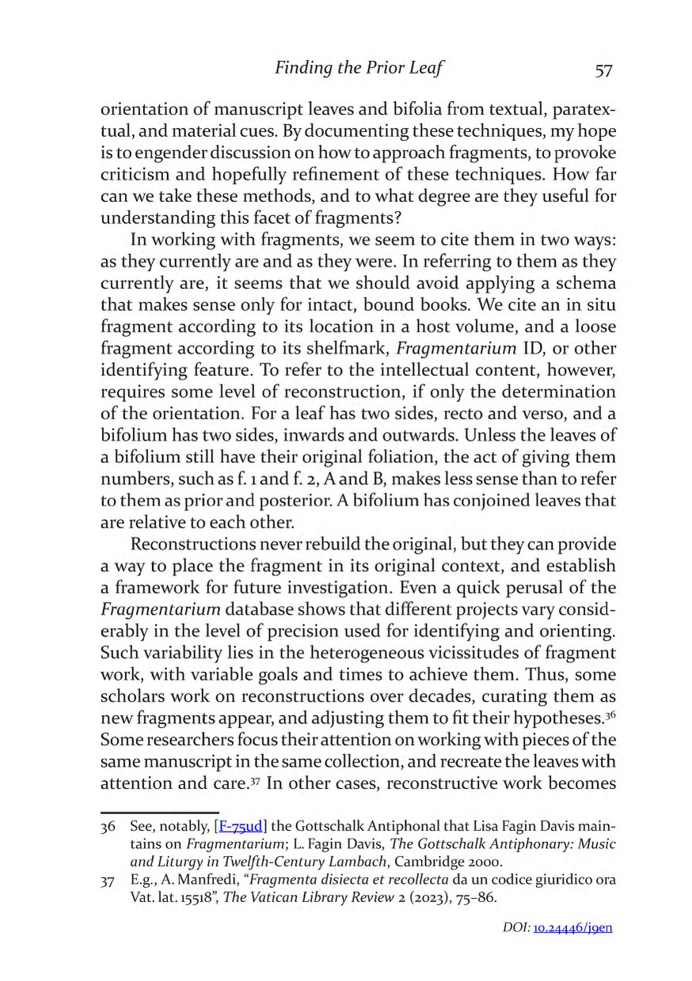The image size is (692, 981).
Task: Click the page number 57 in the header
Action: click(603, 70)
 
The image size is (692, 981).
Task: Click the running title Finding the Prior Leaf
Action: click(358, 69)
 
